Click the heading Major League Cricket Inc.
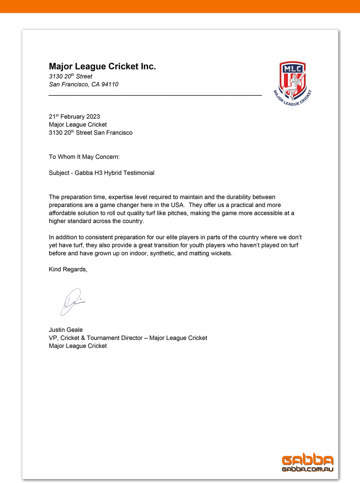(x=102, y=66)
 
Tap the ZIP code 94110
(x=110, y=84)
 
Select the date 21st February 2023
(x=74, y=117)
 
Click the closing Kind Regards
(x=68, y=269)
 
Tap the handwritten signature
(x=72, y=301)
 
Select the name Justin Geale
(x=66, y=330)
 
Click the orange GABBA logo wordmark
(x=308, y=460)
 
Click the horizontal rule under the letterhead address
(x=155, y=95)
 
